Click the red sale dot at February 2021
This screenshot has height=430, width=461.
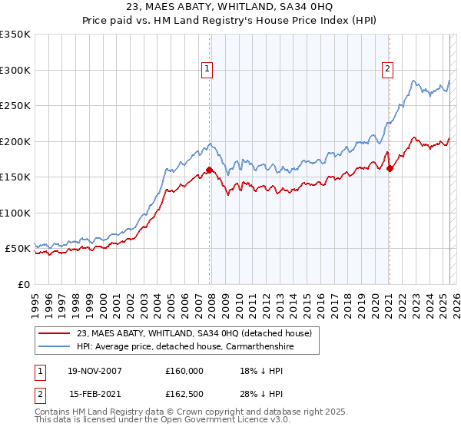(x=390, y=169)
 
